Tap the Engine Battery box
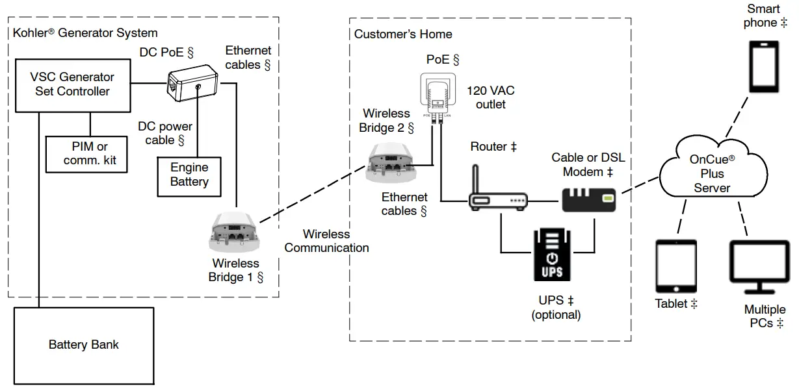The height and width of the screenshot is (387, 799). click(x=189, y=175)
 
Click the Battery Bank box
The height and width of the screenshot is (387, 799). click(x=84, y=345)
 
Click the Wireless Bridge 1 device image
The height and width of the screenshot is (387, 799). click(x=231, y=232)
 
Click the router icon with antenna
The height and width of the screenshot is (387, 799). click(x=497, y=198)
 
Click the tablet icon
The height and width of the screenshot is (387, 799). click(x=675, y=267)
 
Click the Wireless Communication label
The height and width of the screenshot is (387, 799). click(x=326, y=241)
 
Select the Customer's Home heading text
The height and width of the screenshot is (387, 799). click(x=403, y=34)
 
